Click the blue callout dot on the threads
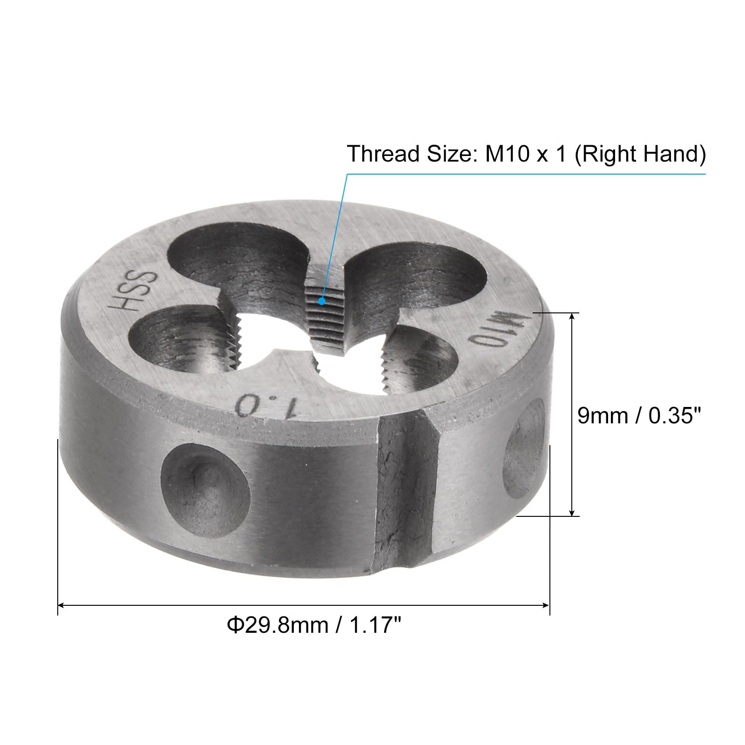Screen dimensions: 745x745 coord(321,301)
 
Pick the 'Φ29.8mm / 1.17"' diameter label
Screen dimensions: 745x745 coord(314,625)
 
